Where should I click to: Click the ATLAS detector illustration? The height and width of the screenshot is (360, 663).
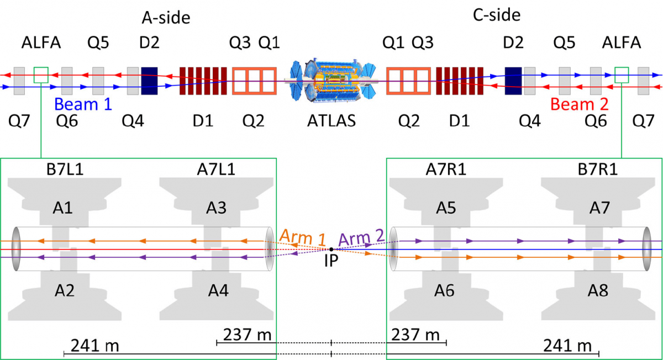click(331, 81)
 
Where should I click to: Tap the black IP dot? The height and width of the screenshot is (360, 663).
click(331, 250)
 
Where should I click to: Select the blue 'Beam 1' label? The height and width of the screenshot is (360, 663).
click(83, 104)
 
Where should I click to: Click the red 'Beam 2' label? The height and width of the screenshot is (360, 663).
click(579, 104)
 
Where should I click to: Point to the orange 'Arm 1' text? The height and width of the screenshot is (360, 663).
click(303, 237)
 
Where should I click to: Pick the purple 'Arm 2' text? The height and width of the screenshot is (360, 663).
click(361, 237)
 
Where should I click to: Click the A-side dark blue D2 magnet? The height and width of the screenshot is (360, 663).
click(149, 81)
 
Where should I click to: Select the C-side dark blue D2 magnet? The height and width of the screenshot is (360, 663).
click(513, 81)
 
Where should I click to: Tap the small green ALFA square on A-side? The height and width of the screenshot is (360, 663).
click(41, 75)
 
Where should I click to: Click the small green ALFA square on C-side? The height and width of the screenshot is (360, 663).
click(622, 75)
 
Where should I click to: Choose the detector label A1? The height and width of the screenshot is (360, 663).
click(62, 208)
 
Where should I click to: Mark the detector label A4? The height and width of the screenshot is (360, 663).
click(218, 290)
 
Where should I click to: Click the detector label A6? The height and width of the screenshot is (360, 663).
click(444, 290)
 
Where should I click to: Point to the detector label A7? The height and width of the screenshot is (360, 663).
click(599, 208)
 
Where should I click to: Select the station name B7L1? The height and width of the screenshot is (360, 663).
click(65, 170)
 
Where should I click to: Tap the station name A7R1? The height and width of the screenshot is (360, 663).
click(446, 170)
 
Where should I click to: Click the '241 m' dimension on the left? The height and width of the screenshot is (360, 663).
click(94, 346)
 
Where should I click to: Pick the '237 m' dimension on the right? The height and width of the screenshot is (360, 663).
click(415, 335)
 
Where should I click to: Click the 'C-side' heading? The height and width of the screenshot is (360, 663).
click(497, 15)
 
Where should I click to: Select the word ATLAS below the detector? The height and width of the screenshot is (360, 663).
click(331, 121)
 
